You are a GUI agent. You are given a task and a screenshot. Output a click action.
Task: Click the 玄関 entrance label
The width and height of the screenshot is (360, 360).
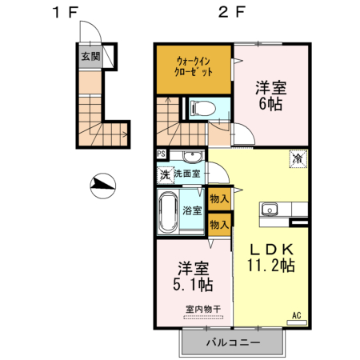90,57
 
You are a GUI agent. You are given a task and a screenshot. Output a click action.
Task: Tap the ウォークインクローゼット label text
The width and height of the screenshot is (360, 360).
193,65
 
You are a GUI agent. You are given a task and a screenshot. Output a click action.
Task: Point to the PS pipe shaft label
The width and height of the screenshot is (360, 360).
162,155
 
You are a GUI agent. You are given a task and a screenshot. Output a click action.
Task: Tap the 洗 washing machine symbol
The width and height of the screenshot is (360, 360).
164,174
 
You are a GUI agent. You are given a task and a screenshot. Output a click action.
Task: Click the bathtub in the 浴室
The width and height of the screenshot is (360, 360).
168,211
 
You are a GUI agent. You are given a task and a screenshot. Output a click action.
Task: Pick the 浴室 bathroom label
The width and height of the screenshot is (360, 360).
192,210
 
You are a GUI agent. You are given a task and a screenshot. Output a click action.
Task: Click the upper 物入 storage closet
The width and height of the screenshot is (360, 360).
219,198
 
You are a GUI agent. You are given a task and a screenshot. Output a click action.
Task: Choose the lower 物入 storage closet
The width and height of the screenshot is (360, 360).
219,225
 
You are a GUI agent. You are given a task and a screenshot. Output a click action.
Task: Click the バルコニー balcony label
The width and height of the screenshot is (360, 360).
231,342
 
